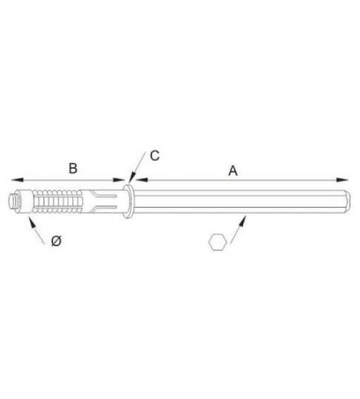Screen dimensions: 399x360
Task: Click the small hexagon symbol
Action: point(216,242)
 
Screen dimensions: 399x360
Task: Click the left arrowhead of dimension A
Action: point(136,179)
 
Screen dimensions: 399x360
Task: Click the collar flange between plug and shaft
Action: point(128,200)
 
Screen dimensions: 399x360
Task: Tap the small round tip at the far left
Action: point(14,199)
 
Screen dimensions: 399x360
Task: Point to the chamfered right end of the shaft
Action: point(348,199)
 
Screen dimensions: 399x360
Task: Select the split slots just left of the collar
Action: point(106,200)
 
